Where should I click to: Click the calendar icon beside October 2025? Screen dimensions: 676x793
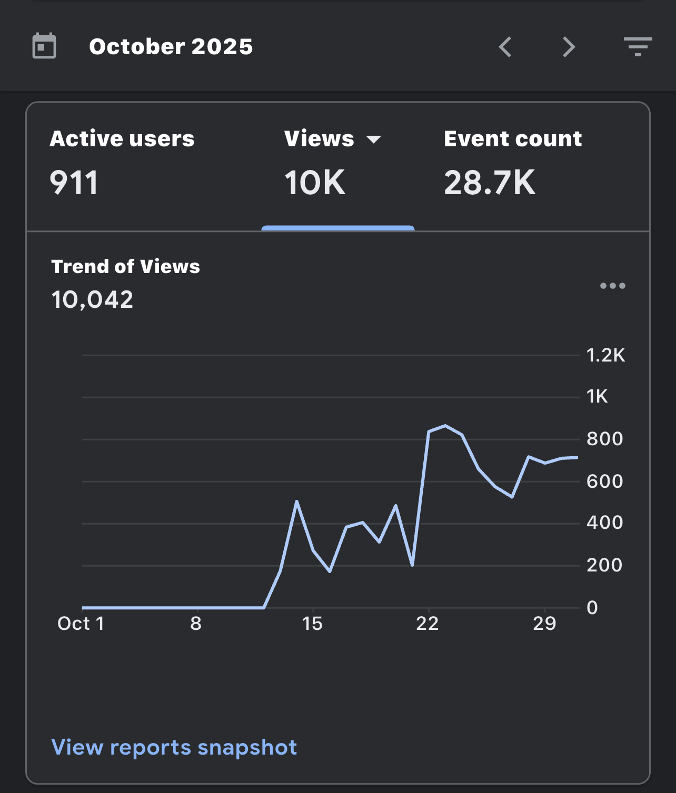point(44,46)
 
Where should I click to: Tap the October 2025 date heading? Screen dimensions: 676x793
point(171,47)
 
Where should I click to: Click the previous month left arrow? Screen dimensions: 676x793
point(505,47)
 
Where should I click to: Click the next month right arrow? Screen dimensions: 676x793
point(569,47)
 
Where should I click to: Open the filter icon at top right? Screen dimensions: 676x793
point(638,47)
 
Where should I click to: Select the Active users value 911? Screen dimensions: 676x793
point(74,183)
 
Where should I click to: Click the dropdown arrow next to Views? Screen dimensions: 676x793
point(373,139)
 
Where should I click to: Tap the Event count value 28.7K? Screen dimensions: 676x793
point(490,183)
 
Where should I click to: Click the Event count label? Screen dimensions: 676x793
point(513,138)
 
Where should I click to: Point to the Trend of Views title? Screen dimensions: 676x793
point(125,266)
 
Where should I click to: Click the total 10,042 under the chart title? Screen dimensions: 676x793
point(92,299)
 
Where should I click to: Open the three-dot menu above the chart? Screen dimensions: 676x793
point(613,285)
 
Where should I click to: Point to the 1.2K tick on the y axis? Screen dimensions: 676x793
point(605,355)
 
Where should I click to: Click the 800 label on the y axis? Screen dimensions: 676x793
point(604,439)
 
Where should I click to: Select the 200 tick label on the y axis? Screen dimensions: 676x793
point(604,565)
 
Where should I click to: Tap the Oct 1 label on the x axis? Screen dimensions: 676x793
point(81,624)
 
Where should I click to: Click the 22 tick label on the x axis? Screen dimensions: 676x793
point(428,624)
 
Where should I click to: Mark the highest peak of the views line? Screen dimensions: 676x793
point(445,426)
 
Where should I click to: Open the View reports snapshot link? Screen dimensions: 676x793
point(174,747)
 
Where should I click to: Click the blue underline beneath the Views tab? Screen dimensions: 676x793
point(338,228)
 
